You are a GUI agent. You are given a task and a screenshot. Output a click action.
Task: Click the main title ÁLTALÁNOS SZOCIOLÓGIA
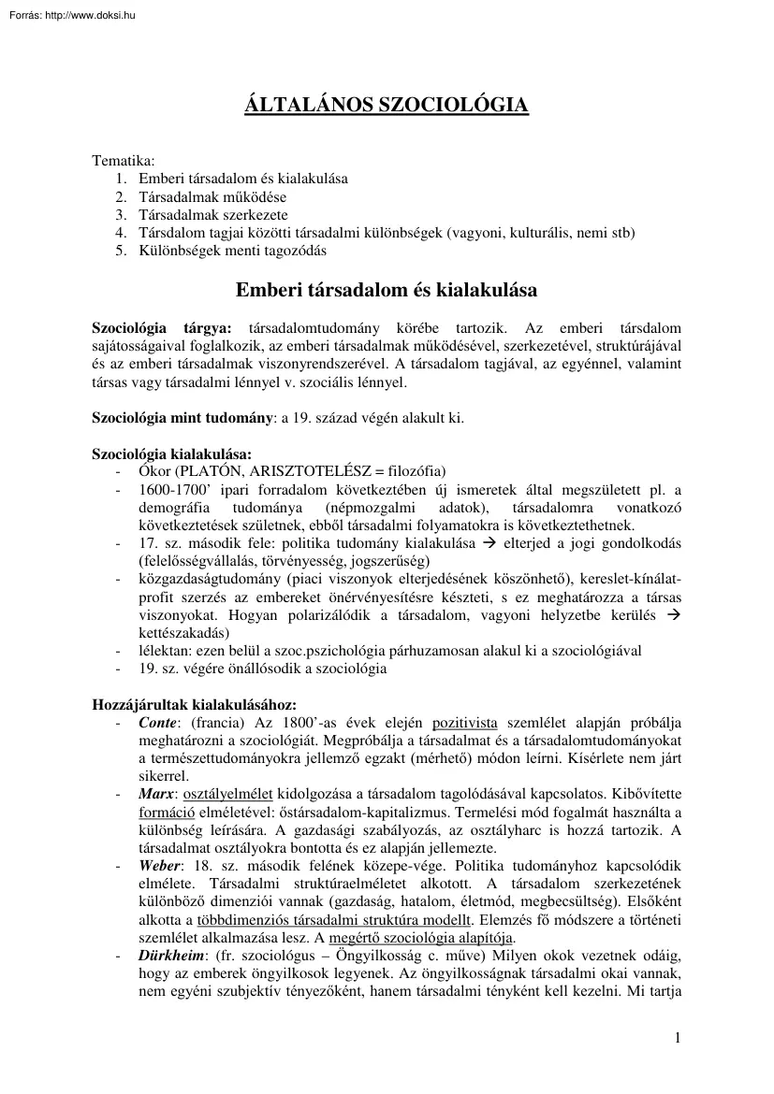(x=387, y=105)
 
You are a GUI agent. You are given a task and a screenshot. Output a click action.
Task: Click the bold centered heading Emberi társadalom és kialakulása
(x=387, y=290)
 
